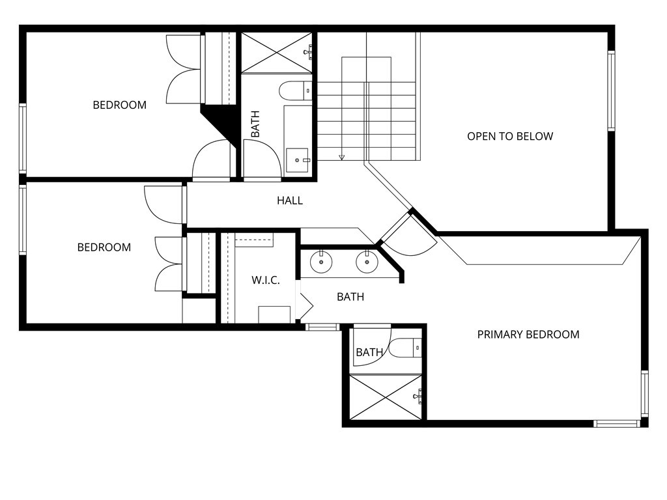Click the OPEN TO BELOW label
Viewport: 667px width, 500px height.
510,136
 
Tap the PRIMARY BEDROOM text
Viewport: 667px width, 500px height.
528,335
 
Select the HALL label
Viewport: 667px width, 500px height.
290,201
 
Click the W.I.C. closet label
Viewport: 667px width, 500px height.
266,281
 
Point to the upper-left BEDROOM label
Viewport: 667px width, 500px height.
119,105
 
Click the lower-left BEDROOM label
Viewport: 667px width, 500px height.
104,247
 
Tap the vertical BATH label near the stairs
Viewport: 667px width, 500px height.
255,124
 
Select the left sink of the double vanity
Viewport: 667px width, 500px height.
322,262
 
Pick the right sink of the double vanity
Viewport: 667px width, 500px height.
367,262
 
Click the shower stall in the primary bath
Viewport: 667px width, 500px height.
385,396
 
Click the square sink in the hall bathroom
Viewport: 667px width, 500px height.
298,160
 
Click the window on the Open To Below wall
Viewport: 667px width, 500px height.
611,91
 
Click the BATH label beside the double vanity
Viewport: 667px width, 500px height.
350,297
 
